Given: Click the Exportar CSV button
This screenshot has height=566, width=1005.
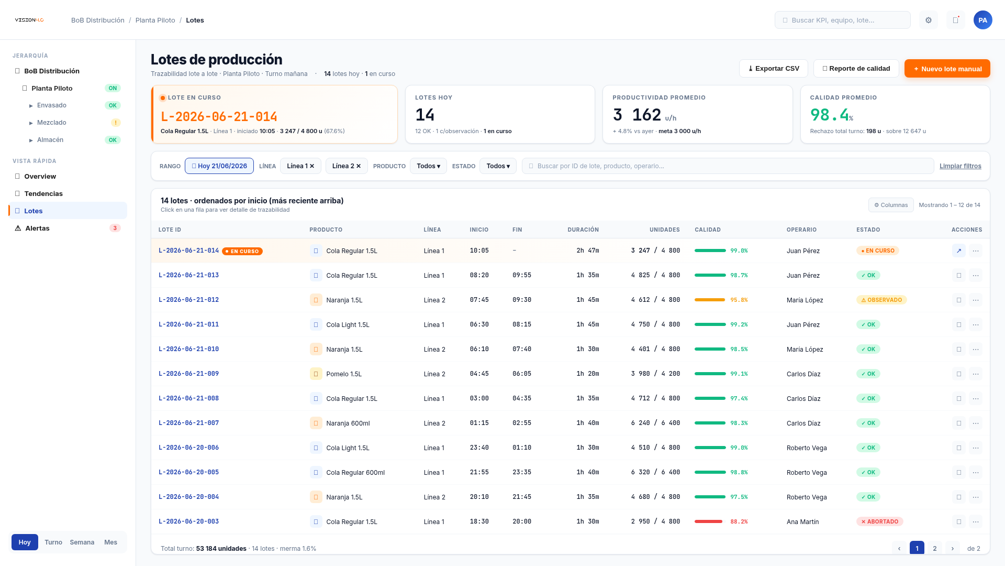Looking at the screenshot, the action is click(x=773, y=69).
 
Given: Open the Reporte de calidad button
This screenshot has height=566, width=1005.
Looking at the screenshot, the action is click(x=856, y=69).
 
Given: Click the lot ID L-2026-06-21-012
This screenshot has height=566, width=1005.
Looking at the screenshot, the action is click(x=188, y=300).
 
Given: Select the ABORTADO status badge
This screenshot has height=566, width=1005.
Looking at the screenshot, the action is click(x=880, y=521).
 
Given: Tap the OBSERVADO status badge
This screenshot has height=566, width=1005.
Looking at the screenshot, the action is click(x=881, y=300).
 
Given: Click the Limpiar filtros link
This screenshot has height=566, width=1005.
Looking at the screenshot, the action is click(x=960, y=166).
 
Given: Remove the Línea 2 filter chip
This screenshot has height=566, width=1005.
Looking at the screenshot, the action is click(x=358, y=166).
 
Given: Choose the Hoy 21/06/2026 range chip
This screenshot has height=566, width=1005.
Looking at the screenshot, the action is click(x=219, y=166).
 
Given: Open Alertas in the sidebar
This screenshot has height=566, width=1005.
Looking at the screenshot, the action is click(x=37, y=228).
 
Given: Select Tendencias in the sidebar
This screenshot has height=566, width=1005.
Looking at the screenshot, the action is click(x=43, y=193).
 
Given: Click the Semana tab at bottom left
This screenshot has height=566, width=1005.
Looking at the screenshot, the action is click(x=82, y=542).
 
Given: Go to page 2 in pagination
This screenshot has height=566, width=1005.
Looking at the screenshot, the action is click(x=935, y=548).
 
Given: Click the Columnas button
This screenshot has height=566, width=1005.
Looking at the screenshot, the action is click(x=891, y=205).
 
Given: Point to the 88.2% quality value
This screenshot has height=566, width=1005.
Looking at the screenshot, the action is click(x=739, y=521).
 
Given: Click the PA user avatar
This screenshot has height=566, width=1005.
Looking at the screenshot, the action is click(x=983, y=20).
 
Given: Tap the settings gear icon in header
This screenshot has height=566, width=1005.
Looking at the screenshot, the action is click(x=929, y=20).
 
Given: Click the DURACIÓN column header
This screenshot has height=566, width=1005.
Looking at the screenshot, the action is click(x=583, y=230).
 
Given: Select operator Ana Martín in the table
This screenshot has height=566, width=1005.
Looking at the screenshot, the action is click(x=802, y=521).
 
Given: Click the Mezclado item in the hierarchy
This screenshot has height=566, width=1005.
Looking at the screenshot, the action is click(x=52, y=123).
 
